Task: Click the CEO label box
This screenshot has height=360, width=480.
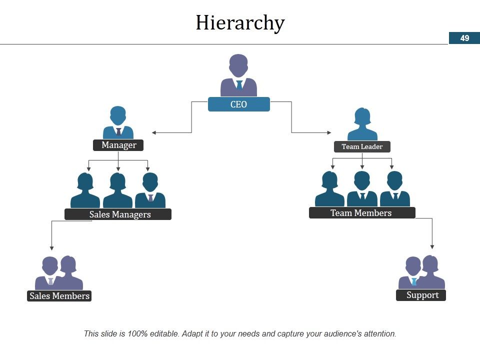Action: point(239,104)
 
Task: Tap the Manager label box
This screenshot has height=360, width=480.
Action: point(118,145)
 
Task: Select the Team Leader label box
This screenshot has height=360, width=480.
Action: point(362,146)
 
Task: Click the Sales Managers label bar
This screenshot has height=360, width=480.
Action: point(118,214)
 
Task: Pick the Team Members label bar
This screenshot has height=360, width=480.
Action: point(362,213)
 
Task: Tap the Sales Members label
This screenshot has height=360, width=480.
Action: point(59,295)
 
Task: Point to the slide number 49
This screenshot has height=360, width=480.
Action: point(464,38)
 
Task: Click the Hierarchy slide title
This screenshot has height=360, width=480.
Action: point(240,23)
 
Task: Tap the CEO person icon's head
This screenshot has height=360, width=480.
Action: point(238,65)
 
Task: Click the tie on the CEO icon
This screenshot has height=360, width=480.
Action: point(239,85)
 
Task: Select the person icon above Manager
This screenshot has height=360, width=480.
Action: point(118,122)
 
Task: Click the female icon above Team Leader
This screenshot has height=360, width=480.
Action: point(362,124)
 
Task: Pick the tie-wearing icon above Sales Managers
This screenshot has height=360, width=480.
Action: point(150,190)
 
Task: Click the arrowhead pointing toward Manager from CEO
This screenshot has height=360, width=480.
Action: point(154,132)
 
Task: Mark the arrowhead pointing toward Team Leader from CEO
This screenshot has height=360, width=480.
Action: point(329,132)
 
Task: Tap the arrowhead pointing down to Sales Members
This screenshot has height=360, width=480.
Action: point(51,248)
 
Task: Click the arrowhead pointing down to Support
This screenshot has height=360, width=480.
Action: point(432,246)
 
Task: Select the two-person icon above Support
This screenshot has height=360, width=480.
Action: point(421,272)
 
